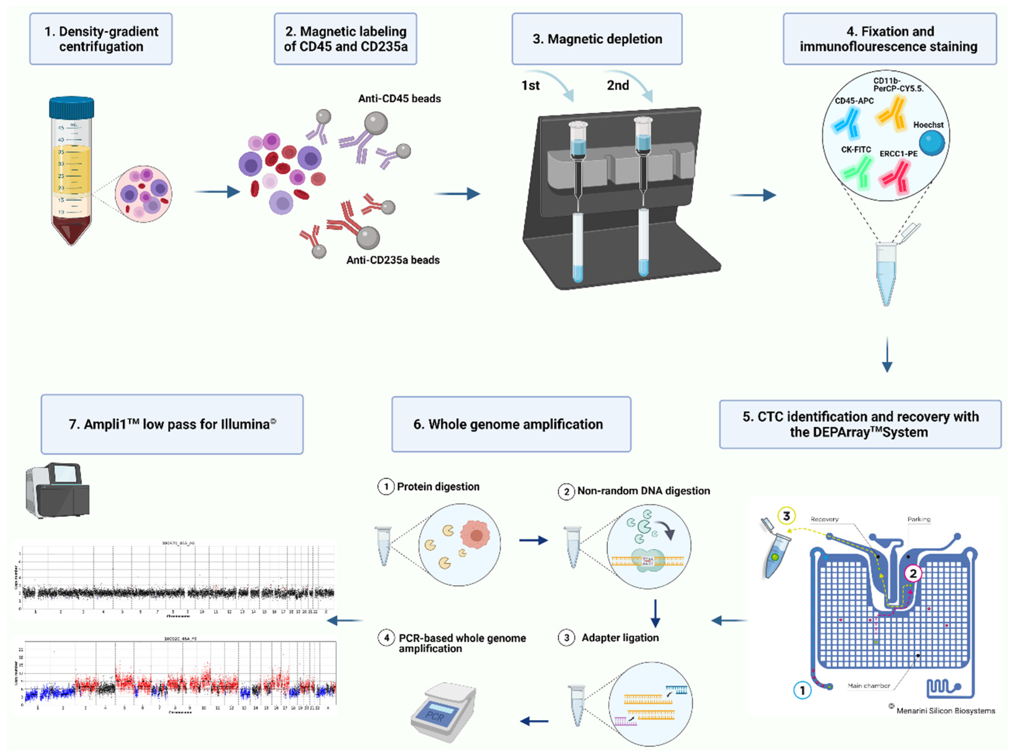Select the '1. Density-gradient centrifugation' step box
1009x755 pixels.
[x=101, y=39]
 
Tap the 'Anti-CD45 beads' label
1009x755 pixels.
[x=399, y=99]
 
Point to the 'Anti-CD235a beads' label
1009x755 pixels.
[x=393, y=260]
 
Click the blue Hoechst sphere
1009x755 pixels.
[x=931, y=143]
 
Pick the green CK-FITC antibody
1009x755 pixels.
[x=857, y=172]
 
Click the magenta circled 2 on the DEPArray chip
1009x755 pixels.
[x=913, y=574]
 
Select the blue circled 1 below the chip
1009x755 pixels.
[x=802, y=690]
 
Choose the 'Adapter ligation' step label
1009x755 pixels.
[x=619, y=637]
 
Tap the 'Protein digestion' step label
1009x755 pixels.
[x=438, y=486]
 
